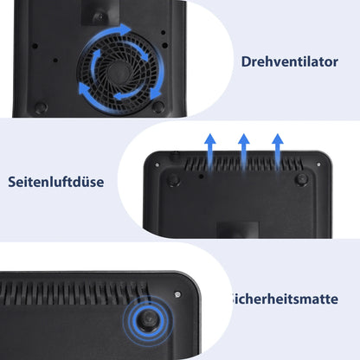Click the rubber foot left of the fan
point(41,108)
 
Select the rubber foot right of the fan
point(158,106)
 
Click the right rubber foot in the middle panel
point(300,179)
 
